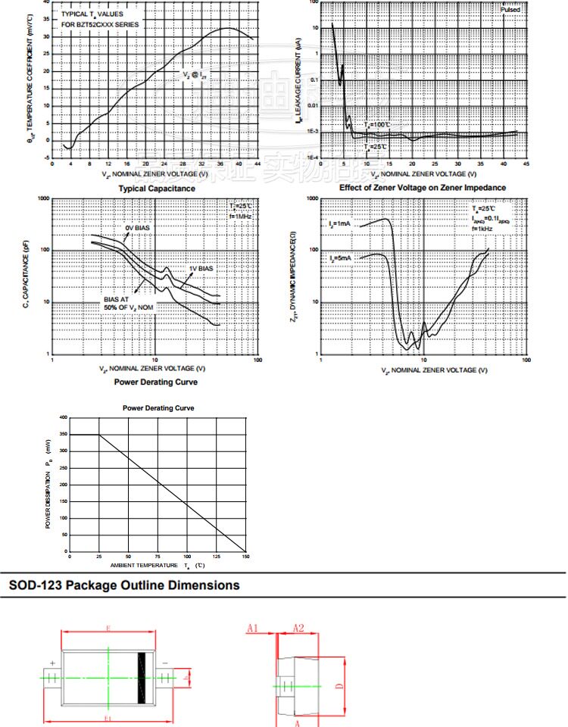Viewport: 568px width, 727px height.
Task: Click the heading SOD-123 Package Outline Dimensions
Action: pyautogui.click(x=123, y=585)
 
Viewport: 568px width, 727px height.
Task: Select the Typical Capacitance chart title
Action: pyautogui.click(x=156, y=189)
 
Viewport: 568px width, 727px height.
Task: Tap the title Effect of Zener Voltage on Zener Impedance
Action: pyautogui.click(x=423, y=188)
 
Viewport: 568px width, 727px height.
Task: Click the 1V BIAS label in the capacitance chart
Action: pyautogui.click(x=201, y=269)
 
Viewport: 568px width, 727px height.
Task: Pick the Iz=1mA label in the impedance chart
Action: pyautogui.click(x=340, y=223)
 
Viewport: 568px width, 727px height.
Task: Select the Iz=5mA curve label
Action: pyautogui.click(x=340, y=258)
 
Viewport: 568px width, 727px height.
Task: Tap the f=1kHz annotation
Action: pyautogui.click(x=482, y=228)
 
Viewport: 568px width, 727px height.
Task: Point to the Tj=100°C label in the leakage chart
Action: pyautogui.click(x=376, y=124)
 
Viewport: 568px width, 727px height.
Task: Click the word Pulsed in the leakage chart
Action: pyautogui.click(x=510, y=9)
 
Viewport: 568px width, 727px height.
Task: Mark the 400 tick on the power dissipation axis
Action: pyautogui.click(x=63, y=417)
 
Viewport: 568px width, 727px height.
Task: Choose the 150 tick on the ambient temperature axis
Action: pyautogui.click(x=245, y=557)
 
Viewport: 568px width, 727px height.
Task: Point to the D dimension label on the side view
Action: pyautogui.click(x=340, y=686)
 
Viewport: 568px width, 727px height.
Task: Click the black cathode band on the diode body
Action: pyautogui.click(x=141, y=676)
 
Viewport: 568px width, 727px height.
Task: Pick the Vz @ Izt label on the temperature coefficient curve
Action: pyautogui.click(x=194, y=75)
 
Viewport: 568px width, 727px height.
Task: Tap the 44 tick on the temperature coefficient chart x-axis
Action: pyautogui.click(x=258, y=164)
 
